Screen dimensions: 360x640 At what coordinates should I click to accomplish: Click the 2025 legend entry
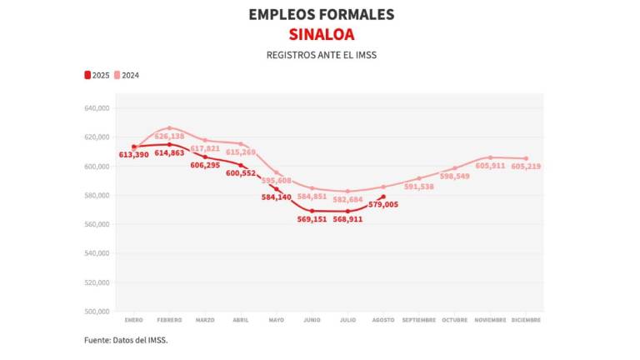[x=97, y=75]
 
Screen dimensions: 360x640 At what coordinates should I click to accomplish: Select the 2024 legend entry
[x=127, y=75]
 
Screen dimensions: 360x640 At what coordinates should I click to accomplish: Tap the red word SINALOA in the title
[x=321, y=34]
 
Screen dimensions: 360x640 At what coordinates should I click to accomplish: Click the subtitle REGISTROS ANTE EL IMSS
[x=321, y=54]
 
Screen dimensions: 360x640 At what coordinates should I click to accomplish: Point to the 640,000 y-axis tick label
[x=98, y=108]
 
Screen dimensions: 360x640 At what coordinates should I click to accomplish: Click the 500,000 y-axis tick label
[x=98, y=312]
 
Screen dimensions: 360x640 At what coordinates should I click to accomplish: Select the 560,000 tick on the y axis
[x=98, y=224]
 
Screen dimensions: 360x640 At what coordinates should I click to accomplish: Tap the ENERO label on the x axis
[x=133, y=320]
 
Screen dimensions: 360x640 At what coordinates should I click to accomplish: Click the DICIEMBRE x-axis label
[x=526, y=320]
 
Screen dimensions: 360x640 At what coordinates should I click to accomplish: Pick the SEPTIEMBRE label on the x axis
[x=419, y=320]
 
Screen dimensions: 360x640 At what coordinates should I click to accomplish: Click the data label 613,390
[x=134, y=155]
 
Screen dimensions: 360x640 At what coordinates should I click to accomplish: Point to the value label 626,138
[x=170, y=136]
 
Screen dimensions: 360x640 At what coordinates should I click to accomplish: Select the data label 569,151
[x=312, y=219]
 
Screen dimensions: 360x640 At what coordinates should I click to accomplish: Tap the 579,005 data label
[x=382, y=204]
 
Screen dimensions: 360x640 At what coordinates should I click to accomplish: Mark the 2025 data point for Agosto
[x=383, y=197]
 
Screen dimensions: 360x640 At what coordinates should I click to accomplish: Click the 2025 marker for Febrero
[x=169, y=144]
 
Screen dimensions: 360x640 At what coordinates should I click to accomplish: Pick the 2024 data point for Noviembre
[x=490, y=157]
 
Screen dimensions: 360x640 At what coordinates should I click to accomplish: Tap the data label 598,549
[x=455, y=177]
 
